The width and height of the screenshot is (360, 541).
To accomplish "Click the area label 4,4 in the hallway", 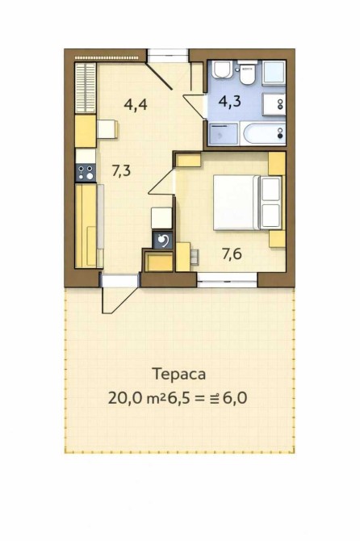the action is click(x=136, y=104).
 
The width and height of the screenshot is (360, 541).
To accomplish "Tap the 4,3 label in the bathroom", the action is click(x=230, y=102).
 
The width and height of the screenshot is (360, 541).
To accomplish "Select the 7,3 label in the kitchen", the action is click(x=121, y=170).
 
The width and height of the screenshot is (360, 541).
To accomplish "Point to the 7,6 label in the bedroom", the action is click(x=232, y=254).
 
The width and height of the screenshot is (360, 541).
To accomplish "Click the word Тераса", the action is click(x=179, y=374).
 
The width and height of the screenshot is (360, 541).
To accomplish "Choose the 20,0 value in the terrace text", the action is click(x=124, y=398).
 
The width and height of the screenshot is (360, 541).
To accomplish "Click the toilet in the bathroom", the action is click(x=247, y=73).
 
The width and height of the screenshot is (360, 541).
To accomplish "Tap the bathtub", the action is click(x=265, y=133).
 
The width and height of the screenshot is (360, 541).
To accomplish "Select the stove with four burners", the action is click(x=86, y=173).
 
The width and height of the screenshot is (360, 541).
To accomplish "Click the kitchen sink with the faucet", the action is click(x=163, y=240).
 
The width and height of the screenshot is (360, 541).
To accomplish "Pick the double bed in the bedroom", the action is click(x=247, y=203).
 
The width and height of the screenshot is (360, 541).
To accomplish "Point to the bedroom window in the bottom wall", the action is click(x=227, y=279).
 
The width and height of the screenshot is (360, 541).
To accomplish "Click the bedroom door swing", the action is click(x=162, y=182).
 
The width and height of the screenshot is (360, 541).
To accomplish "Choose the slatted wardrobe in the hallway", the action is click(x=86, y=88).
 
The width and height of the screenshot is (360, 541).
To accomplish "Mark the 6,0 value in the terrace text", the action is click(x=236, y=398).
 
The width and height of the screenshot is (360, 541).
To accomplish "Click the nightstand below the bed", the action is click(x=277, y=239).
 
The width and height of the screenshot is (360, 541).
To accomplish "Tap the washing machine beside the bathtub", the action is click(x=224, y=134).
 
